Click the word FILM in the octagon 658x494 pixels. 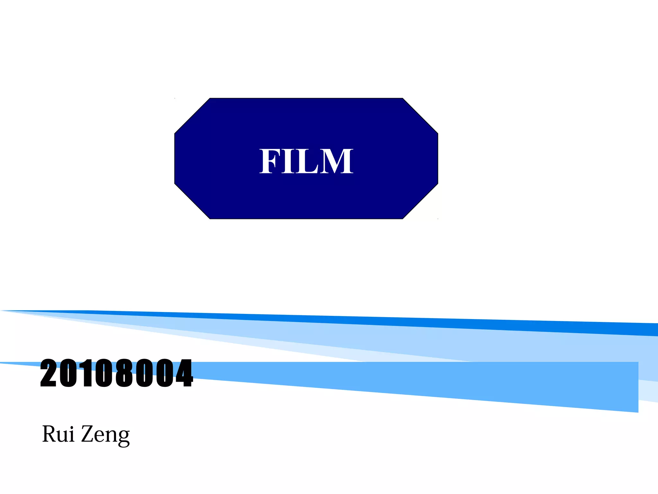tap(306, 161)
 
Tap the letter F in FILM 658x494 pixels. tap(269, 161)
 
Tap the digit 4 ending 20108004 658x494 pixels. tap(183, 373)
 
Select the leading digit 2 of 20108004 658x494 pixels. tap(49, 373)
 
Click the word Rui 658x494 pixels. tap(58, 434)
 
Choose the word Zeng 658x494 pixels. tap(105, 435)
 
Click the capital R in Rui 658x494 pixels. tap(49, 434)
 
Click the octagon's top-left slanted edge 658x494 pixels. tap(192, 116)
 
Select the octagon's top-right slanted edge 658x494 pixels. tap(420, 116)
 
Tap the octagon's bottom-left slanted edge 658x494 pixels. tap(192, 201)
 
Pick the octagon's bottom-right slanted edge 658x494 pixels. tap(420, 201)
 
